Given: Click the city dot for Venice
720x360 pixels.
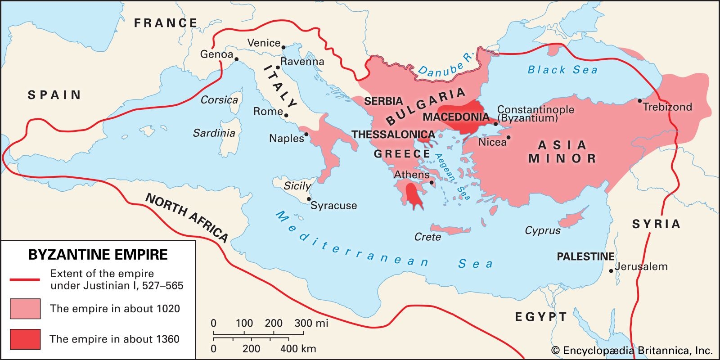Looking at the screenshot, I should [283, 47].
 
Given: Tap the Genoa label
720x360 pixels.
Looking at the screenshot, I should [216, 54].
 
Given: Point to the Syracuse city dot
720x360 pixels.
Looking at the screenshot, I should [309, 199].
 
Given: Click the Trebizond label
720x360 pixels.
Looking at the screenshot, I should [667, 107].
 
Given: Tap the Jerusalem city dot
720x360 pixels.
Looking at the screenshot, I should [611, 271].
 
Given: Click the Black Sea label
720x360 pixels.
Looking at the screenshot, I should [562, 70].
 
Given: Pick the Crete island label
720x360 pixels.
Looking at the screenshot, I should [427, 237].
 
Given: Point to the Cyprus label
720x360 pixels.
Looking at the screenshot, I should [543, 230].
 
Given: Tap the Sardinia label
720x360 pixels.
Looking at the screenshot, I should [214, 133].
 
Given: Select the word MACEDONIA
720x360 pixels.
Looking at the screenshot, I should [455, 117].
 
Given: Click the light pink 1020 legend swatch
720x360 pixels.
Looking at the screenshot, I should [25, 309].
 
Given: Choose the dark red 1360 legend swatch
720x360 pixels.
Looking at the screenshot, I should [25, 339].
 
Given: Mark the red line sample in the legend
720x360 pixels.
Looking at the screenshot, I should [25, 279].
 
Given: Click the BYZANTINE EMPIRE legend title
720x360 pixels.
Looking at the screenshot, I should [98, 255].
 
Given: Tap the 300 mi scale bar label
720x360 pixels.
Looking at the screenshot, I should [311, 323].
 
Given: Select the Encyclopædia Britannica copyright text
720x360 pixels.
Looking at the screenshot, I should [632, 351].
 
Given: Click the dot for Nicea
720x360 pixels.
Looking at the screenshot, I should [508, 138].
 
